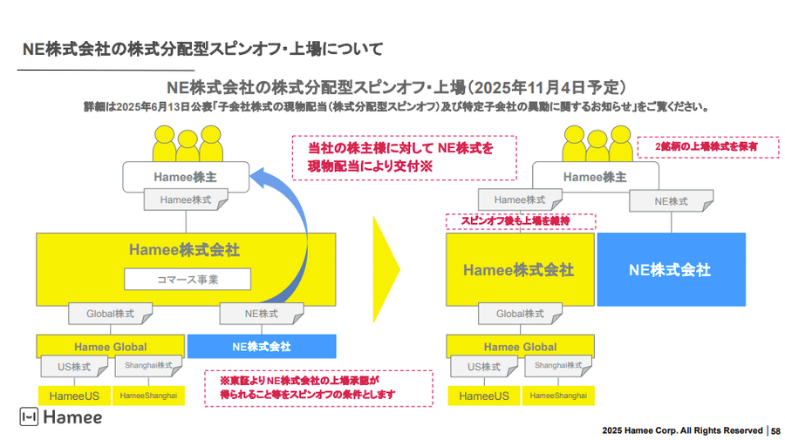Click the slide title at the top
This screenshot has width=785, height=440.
pos(202,47)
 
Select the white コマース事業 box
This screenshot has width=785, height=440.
pos(187,280)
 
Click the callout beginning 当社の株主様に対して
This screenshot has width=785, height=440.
pos(404,157)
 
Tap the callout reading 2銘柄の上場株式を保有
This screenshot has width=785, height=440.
pos(707,147)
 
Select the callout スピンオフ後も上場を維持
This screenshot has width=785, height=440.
pos(521,221)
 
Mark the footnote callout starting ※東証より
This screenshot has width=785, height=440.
pos(318,388)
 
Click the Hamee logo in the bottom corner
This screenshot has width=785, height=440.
pos(61,417)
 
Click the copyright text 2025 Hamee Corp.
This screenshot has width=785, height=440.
pos(682,430)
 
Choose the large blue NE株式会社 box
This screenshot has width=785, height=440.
pos(671,269)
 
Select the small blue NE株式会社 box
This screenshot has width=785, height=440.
pos(262,346)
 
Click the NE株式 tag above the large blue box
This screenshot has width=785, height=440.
pos(671,201)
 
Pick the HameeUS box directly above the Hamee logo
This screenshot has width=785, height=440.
pos(74,396)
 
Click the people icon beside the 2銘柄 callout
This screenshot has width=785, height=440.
pos(597,144)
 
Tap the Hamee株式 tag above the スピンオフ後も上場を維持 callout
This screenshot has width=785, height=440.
pos(521,200)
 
